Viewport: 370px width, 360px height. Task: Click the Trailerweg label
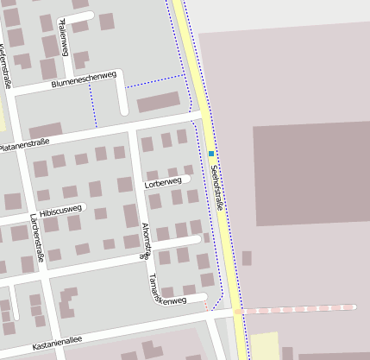click(x=63, y=37)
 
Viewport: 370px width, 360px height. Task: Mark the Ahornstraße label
click(x=144, y=241)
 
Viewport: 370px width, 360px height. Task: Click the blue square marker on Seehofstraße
click(x=210, y=154)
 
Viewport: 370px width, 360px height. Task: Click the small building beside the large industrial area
click(x=247, y=257)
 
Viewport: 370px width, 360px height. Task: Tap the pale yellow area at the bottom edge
click(x=264, y=345)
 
